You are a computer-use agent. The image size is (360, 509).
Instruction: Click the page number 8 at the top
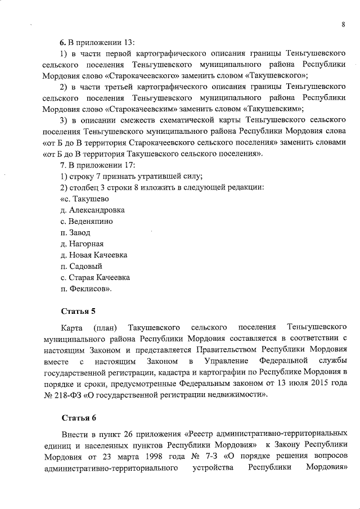(x=343, y=24)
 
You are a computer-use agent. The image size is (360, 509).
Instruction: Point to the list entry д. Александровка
(x=92, y=210)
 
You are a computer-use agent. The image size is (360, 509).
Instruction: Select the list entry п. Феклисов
(x=85, y=289)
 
